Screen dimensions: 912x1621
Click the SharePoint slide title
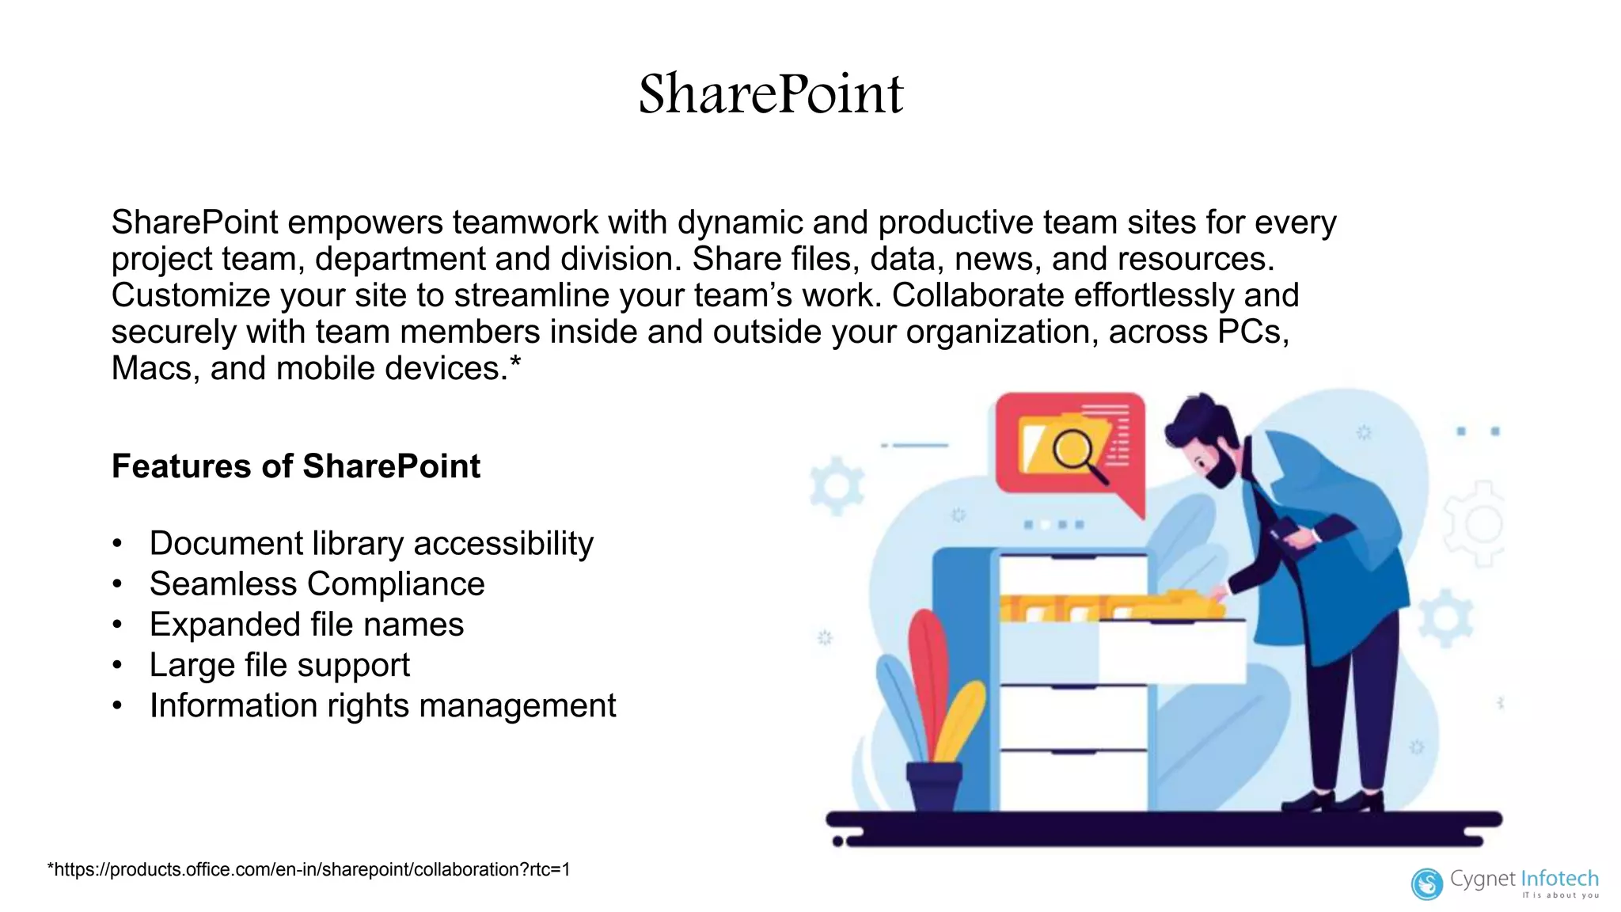(x=770, y=94)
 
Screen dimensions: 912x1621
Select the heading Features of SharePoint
(x=295, y=466)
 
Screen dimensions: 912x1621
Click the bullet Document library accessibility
(x=371, y=544)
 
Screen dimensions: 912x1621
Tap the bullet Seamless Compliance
(x=317, y=584)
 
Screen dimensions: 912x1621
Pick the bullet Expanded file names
(x=306, y=625)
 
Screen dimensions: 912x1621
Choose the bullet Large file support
(x=279, y=665)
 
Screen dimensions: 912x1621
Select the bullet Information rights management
(x=382, y=705)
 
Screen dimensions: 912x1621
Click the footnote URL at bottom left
(x=309, y=869)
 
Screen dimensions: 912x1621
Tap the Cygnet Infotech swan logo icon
(x=1427, y=883)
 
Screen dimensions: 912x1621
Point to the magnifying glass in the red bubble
(x=1075, y=452)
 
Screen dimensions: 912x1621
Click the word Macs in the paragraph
(x=155, y=368)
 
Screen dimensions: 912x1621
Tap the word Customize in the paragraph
(x=191, y=295)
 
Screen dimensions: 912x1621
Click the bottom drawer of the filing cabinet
(x=1073, y=780)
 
